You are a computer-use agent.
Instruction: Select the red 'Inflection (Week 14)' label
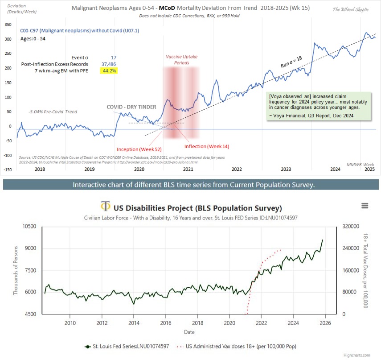coord(206,146)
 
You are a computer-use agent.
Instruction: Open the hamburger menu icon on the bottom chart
coord(365,206)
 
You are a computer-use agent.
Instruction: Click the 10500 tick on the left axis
coord(28,227)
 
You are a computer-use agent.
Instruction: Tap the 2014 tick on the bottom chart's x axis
coord(134,323)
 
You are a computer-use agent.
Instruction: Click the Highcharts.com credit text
coord(357,356)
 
